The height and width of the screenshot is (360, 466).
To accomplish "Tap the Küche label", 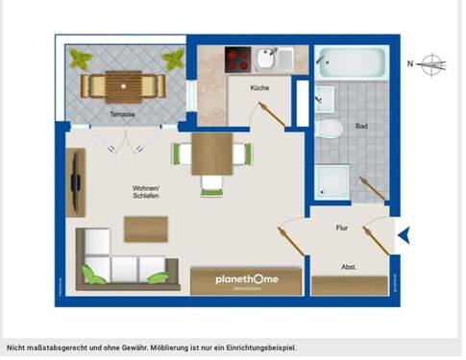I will [x=259, y=88].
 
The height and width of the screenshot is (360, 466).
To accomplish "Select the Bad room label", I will [x=361, y=126].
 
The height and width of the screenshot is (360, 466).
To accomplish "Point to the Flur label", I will [x=341, y=228].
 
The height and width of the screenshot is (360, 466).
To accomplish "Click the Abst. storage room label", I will [x=350, y=267].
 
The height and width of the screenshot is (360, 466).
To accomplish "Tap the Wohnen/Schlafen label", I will [x=146, y=191].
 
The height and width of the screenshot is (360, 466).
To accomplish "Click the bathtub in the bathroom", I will [x=352, y=63].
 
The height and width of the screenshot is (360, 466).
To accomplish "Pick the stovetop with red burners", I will [x=237, y=60].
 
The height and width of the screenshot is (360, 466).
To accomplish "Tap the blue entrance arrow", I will [x=405, y=234].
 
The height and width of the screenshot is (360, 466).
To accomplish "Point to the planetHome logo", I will [x=234, y=279].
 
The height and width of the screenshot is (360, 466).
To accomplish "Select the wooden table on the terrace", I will [x=121, y=84].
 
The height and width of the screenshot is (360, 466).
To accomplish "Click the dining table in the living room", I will [x=212, y=154].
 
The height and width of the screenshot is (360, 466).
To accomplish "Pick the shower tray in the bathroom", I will [x=333, y=181].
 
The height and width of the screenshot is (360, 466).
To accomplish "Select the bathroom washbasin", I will [x=324, y=98].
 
